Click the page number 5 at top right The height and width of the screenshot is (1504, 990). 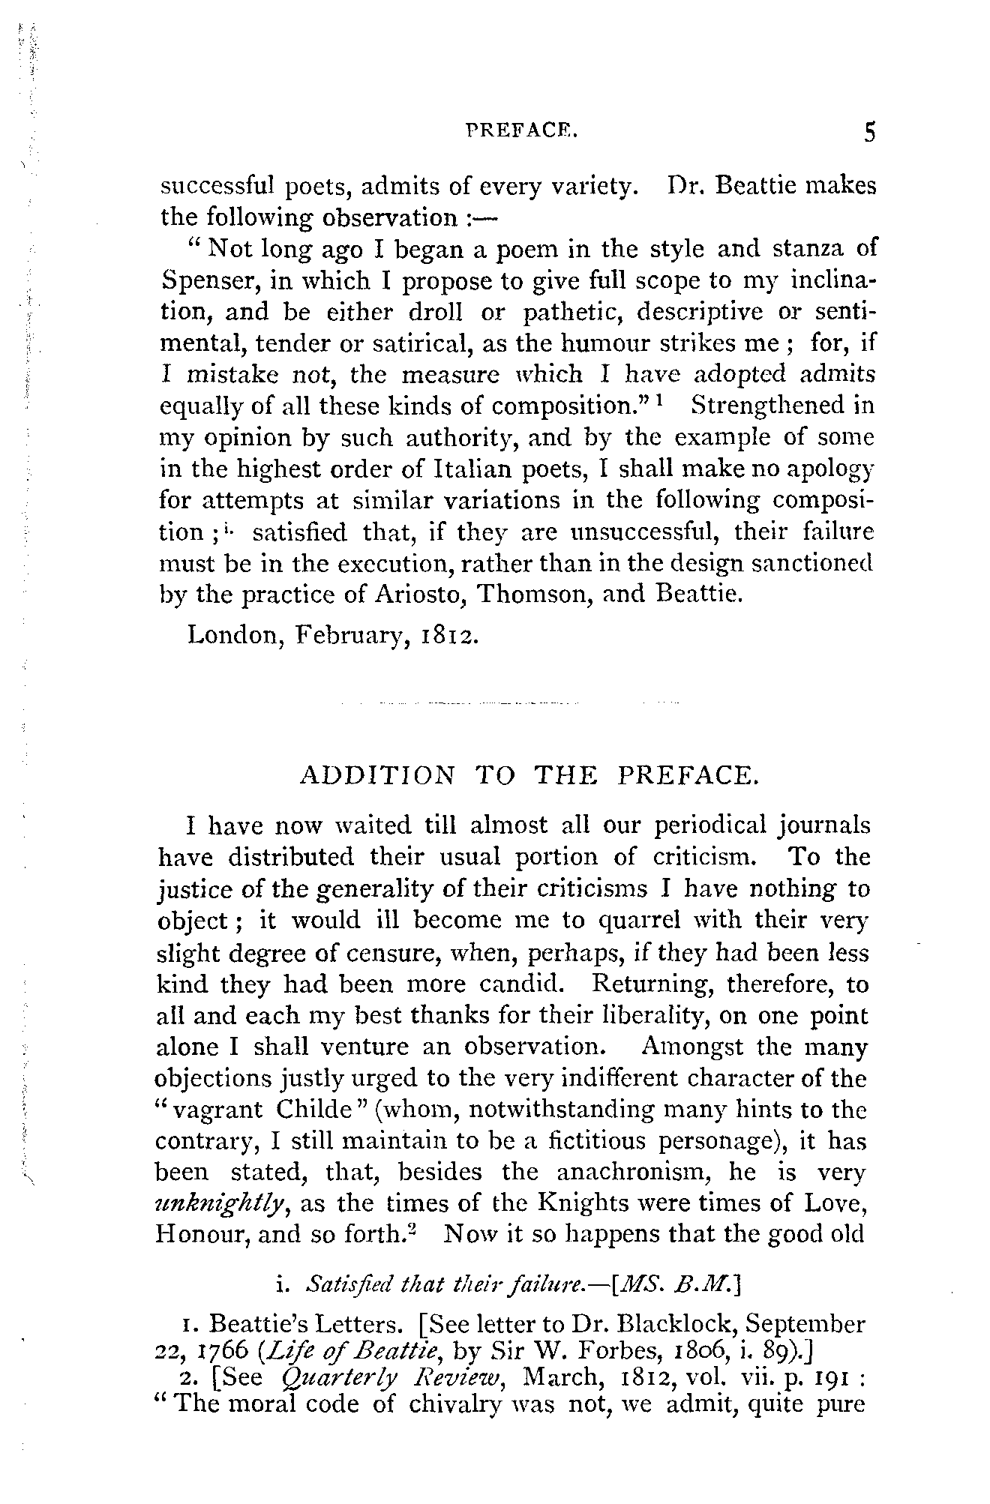click(868, 133)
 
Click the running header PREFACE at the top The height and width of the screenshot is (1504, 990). click(521, 134)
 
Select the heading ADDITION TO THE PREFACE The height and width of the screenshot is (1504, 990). click(529, 774)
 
